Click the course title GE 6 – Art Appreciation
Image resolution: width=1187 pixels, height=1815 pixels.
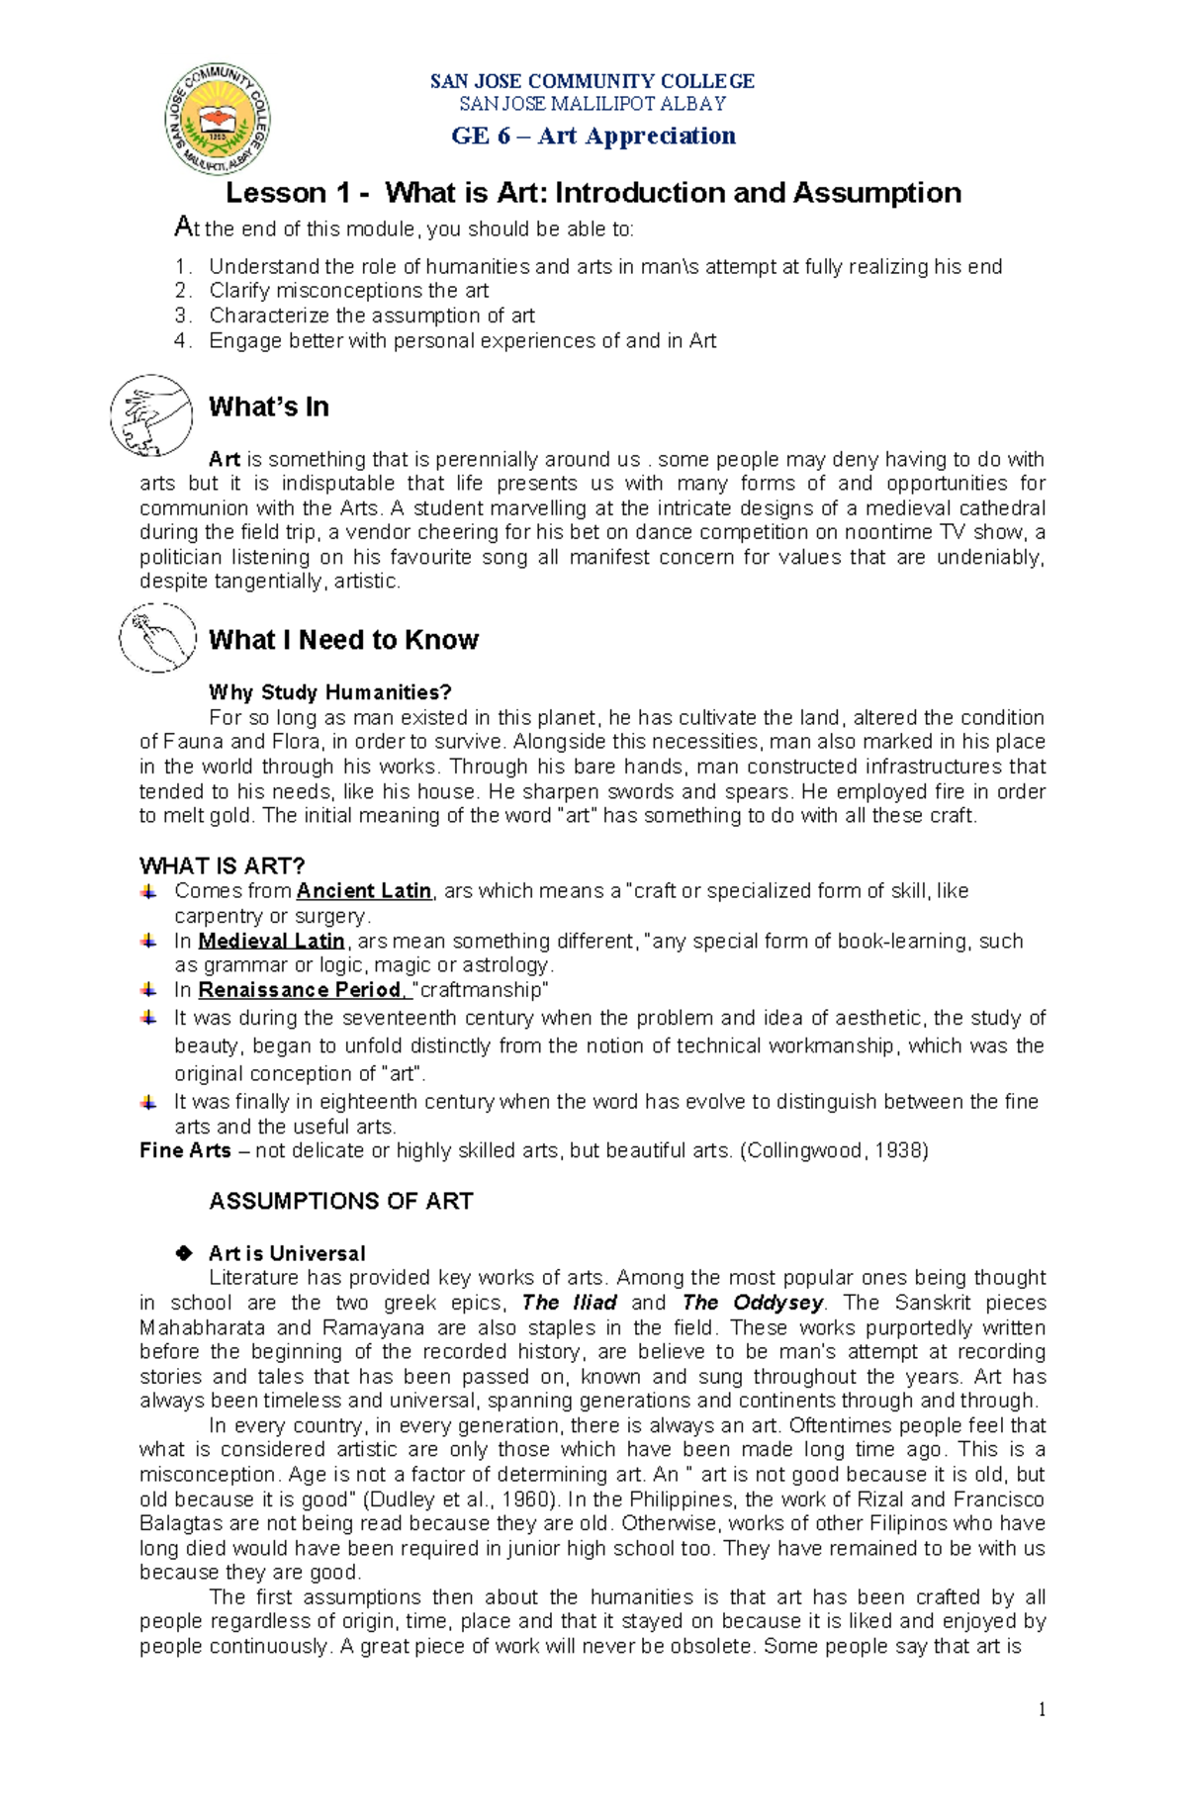pyautogui.click(x=593, y=136)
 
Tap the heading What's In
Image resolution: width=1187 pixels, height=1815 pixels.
pyautogui.click(x=268, y=407)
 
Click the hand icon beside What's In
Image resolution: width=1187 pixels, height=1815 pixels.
pyautogui.click(x=151, y=415)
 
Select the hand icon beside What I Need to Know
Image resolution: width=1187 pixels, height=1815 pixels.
pyautogui.click(x=157, y=638)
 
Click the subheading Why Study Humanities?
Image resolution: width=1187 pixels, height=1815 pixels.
pyautogui.click(x=329, y=691)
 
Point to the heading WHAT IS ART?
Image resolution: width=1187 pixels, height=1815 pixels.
pyautogui.click(x=222, y=865)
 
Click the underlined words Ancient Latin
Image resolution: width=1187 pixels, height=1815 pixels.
pyautogui.click(x=364, y=890)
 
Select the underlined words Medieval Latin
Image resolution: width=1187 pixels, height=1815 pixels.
pyautogui.click(x=271, y=941)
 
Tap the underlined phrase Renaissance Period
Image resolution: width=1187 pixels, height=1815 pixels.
pyautogui.click(x=301, y=990)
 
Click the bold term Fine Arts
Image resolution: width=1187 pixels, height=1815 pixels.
pyautogui.click(x=185, y=1150)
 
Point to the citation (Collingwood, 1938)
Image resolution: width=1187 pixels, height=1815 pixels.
pyautogui.click(x=834, y=1150)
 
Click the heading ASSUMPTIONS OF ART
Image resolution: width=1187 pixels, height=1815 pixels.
pyautogui.click(x=340, y=1201)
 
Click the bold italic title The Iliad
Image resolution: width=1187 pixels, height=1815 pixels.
pyautogui.click(x=569, y=1303)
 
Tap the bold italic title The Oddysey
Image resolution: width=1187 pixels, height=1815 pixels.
pyautogui.click(x=753, y=1303)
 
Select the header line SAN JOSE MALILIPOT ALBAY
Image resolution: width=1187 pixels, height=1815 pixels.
pyautogui.click(x=593, y=103)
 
